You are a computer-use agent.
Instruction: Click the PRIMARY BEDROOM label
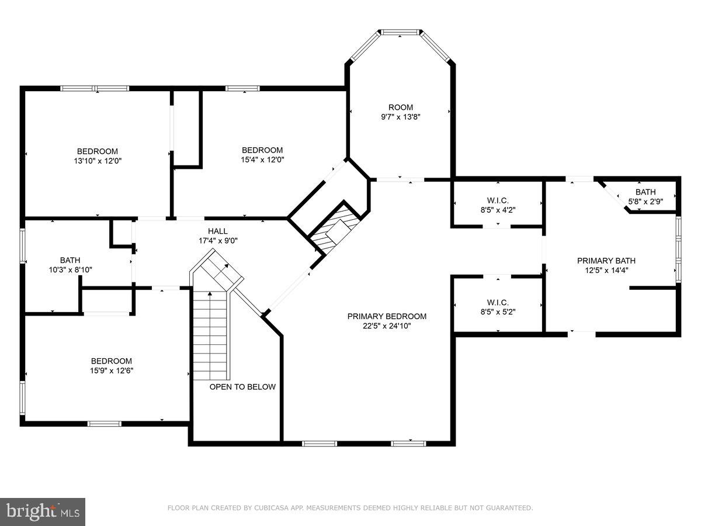pyautogui.click(x=387, y=316)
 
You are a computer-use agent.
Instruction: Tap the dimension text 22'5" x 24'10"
pyautogui.click(x=387, y=326)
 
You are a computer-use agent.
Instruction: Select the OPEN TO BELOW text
pyautogui.click(x=242, y=387)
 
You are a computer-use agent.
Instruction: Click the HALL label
pyautogui.click(x=217, y=231)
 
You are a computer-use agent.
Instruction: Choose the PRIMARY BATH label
pyautogui.click(x=606, y=261)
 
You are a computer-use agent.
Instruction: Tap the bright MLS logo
pyautogui.click(x=42, y=512)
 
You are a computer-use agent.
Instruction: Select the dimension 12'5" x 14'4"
pyautogui.click(x=606, y=270)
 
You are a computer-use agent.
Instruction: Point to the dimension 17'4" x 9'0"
pyautogui.click(x=217, y=240)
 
